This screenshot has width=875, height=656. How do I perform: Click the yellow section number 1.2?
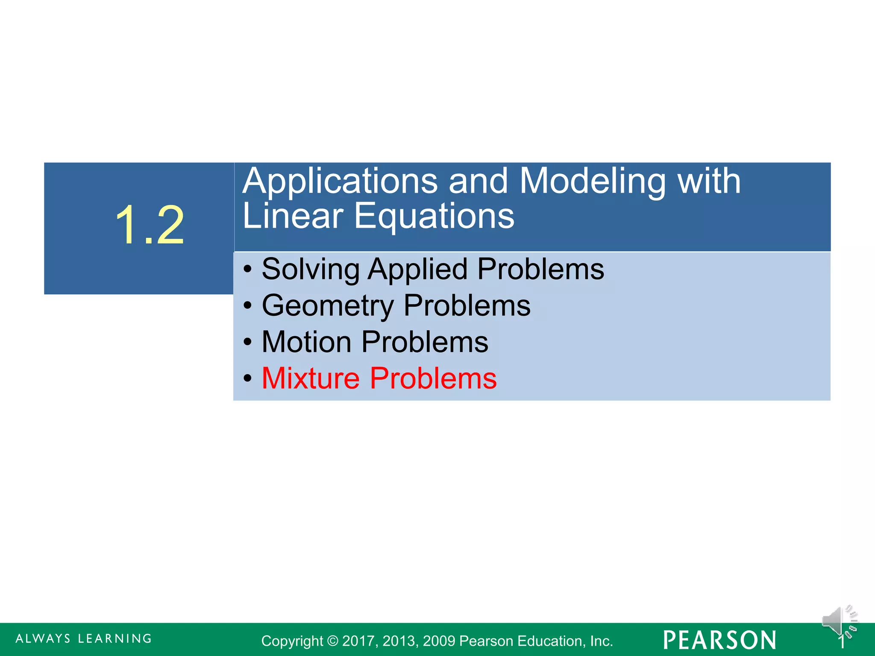(150, 225)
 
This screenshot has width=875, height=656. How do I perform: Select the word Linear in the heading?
(293, 216)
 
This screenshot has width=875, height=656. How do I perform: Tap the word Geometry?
(328, 306)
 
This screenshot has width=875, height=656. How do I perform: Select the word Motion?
(306, 342)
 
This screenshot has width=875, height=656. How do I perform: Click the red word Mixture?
(311, 378)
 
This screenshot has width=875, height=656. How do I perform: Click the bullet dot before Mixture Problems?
(247, 379)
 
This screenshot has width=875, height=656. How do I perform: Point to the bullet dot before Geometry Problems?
(247, 306)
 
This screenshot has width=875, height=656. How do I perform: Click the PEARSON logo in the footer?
(719, 640)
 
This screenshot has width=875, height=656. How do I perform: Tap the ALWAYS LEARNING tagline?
(84, 639)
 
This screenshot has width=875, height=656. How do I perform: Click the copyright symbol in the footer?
(332, 641)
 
